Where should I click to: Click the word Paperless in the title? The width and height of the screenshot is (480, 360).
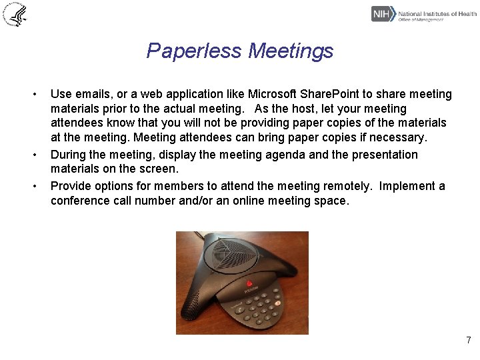point(195,51)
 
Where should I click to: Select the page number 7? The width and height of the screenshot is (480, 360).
point(469,341)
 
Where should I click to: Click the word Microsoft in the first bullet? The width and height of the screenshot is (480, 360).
point(275,94)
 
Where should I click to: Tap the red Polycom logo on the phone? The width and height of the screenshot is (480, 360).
point(251,285)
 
